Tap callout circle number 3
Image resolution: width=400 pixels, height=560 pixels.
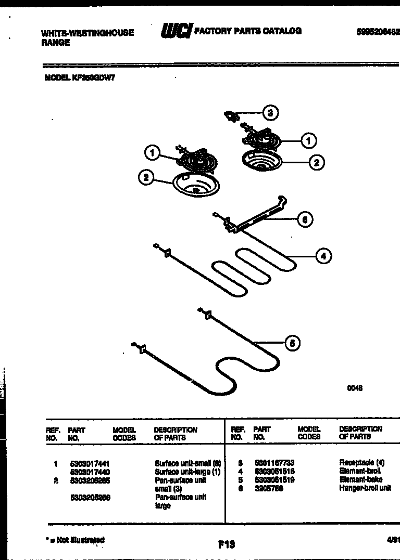tap(269, 112)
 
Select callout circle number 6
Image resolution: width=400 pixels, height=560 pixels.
tap(305, 220)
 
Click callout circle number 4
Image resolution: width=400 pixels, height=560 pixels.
tap(323, 255)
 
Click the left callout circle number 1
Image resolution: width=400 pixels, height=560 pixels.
tap(152, 153)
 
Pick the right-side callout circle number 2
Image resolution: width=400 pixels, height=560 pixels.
tap(316, 163)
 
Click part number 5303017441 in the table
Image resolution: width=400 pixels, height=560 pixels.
tap(89, 463)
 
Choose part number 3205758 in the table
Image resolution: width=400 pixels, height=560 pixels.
tap(269, 488)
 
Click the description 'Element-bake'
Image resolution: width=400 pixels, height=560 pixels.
tap(360, 479)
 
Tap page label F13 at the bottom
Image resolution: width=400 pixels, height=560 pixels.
tap(227, 544)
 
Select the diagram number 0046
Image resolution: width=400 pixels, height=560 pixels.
tap(355, 388)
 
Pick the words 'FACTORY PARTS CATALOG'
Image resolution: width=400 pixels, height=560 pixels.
tap(247, 31)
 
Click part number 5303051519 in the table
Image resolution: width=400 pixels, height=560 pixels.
tap(274, 479)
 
